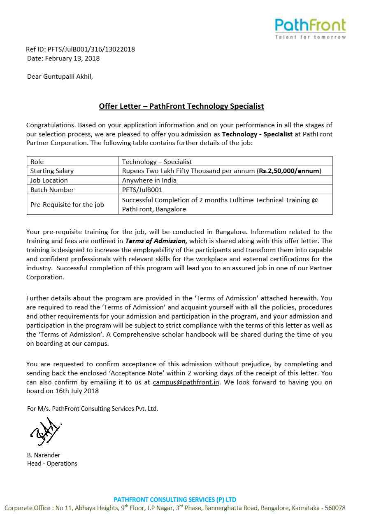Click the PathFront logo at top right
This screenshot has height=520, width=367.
(310, 28)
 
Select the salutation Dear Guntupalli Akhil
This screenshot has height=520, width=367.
(60, 77)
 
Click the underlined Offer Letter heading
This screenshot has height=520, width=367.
(181, 106)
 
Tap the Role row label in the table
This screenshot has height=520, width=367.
(37, 162)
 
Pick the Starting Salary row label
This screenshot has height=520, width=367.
(52, 171)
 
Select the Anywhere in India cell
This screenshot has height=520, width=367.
(149, 180)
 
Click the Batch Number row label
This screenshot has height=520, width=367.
(52, 190)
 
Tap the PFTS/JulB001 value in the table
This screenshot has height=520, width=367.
(142, 190)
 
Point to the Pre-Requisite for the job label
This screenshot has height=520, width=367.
(67, 204)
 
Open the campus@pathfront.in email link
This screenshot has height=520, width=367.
(186, 382)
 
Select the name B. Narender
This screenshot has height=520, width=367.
(44, 455)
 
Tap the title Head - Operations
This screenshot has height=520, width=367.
(52, 464)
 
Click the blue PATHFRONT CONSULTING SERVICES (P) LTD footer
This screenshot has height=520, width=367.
(175, 499)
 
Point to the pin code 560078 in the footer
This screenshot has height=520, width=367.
(335, 508)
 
